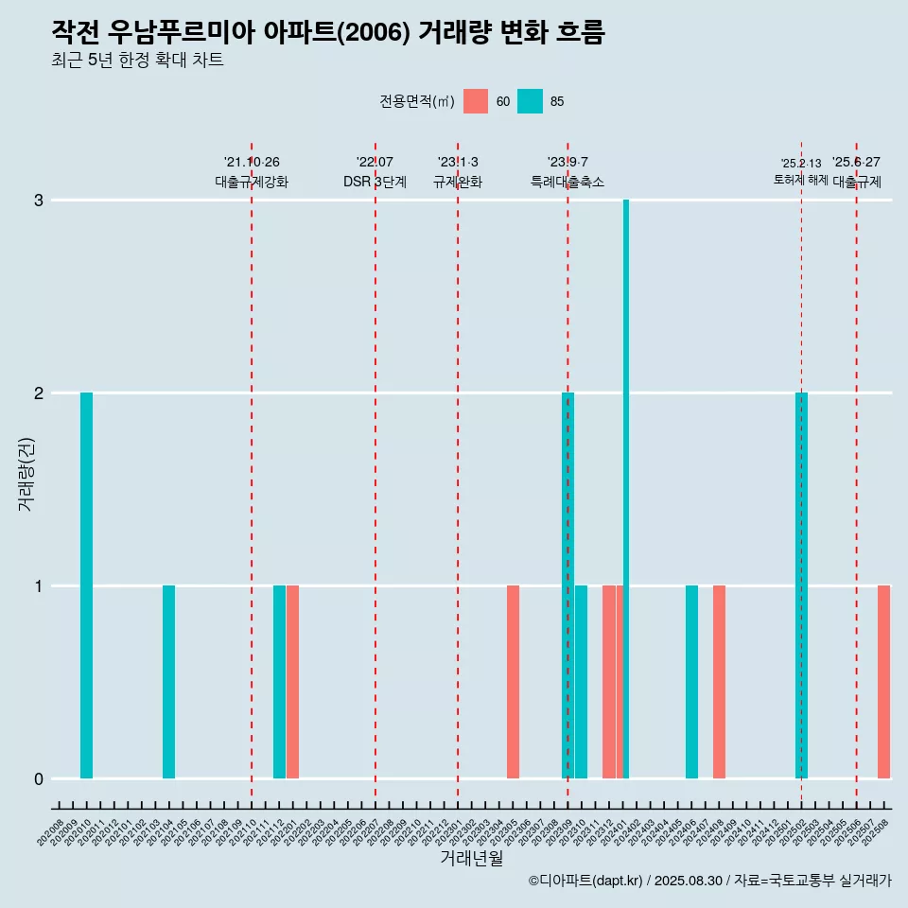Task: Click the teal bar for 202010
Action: pyautogui.click(x=86, y=585)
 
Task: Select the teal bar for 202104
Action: pyautogui.click(x=168, y=682)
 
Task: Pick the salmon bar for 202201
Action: pyautogui.click(x=293, y=682)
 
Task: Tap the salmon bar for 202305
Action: pyautogui.click(x=513, y=682)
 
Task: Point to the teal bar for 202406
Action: pyautogui.click(x=691, y=682)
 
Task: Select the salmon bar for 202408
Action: pyautogui.click(x=719, y=682)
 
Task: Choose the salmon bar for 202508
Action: pyautogui.click(x=883, y=682)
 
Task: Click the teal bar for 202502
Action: pyautogui.click(x=801, y=585)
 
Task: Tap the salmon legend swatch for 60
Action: pyautogui.click(x=476, y=101)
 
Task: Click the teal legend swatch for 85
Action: pyautogui.click(x=531, y=101)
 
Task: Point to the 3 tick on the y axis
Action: pyautogui.click(x=39, y=201)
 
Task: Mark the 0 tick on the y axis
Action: pyautogui.click(x=39, y=779)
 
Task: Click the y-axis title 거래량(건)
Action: pyautogui.click(x=26, y=473)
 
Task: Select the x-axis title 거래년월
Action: pyautogui.click(x=471, y=858)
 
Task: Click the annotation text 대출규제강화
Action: pyautogui.click(x=252, y=182)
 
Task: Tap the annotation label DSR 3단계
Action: pyautogui.click(x=375, y=182)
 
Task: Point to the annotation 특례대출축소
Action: pyautogui.click(x=567, y=182)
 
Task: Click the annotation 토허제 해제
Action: pyautogui.click(x=800, y=180)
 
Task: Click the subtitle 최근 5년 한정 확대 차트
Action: pyautogui.click(x=138, y=61)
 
